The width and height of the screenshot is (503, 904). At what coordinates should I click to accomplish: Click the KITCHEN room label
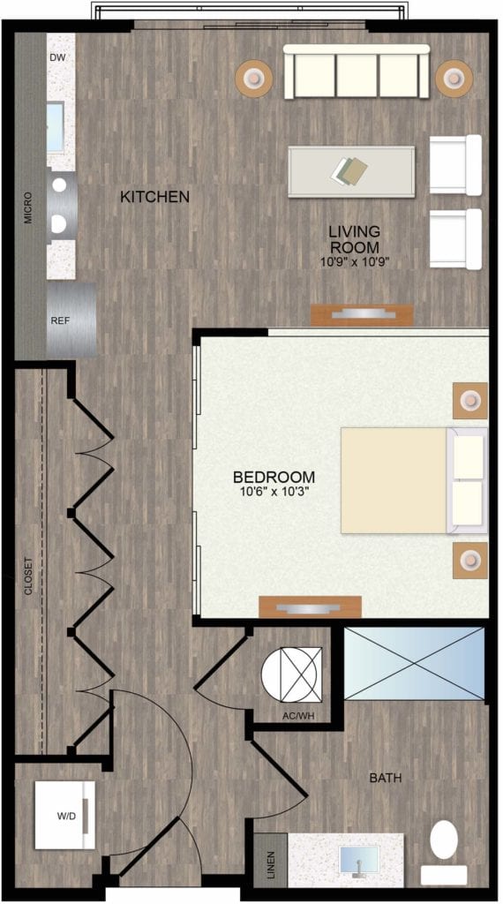click(154, 197)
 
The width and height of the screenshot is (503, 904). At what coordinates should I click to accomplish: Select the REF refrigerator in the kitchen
click(71, 320)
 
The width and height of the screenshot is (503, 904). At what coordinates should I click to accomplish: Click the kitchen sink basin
click(56, 127)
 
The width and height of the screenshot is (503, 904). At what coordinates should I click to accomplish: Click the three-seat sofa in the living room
click(357, 72)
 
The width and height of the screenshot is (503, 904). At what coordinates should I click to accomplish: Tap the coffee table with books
click(351, 172)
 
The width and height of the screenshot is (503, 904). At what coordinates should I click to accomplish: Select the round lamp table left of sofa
click(253, 78)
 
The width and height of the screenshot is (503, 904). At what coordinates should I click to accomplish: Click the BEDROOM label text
click(274, 478)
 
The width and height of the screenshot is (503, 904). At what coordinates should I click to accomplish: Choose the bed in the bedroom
click(414, 480)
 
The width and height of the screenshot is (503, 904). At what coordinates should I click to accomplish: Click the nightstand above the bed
click(470, 400)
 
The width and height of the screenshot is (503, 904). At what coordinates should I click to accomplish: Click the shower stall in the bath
click(414, 664)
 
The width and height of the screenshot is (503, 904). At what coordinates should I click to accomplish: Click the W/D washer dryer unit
click(64, 815)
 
